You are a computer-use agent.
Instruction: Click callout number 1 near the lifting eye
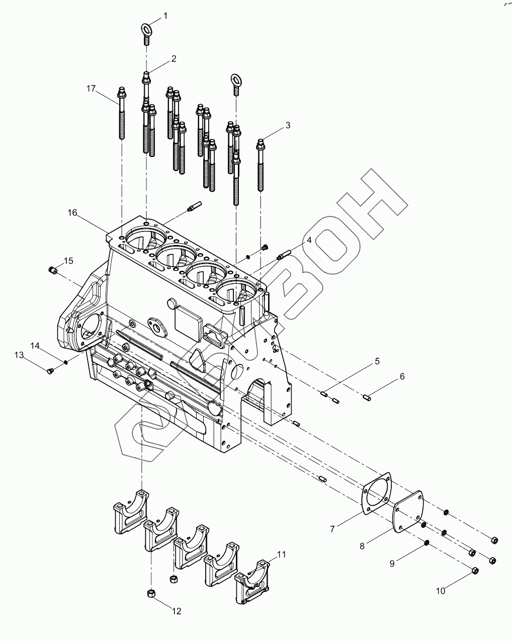[165, 16]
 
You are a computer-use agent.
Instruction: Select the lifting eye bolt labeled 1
[146, 31]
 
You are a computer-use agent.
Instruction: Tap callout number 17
[91, 89]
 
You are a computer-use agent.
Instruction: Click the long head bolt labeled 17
[121, 113]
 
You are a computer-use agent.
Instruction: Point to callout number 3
[288, 125]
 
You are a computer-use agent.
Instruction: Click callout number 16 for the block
[73, 213]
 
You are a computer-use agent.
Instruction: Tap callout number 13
[19, 355]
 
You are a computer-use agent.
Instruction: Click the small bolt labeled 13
[49, 371]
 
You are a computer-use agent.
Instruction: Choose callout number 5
[377, 361]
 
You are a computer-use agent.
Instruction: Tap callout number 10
[441, 591]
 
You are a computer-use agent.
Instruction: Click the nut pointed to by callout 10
[474, 570]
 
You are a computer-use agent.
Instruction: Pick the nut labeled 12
[151, 594]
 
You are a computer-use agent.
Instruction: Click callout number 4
[309, 241]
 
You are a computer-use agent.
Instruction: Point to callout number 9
[392, 564]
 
